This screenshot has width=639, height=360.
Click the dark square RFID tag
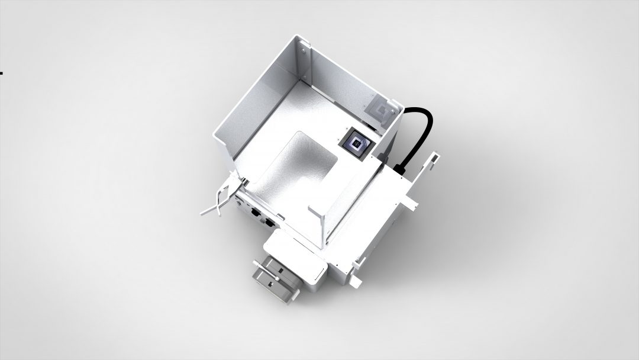(355, 144)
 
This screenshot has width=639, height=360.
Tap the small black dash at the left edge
(1, 73)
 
